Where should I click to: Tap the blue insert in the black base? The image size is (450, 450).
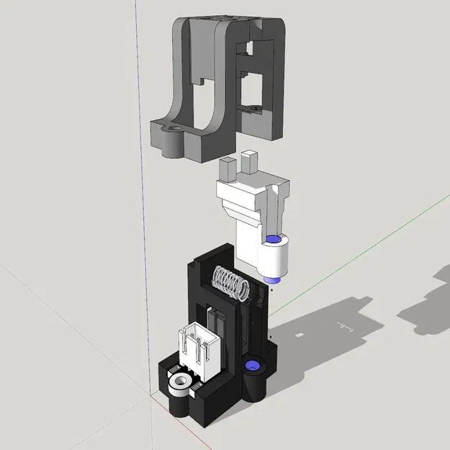coord(252,368)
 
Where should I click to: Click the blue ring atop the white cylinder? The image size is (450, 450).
coord(273,240)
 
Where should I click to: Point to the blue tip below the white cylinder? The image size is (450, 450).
coord(272,279)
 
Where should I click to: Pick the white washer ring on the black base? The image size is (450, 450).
coord(178,383)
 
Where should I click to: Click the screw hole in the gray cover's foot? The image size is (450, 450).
coord(172,132)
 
